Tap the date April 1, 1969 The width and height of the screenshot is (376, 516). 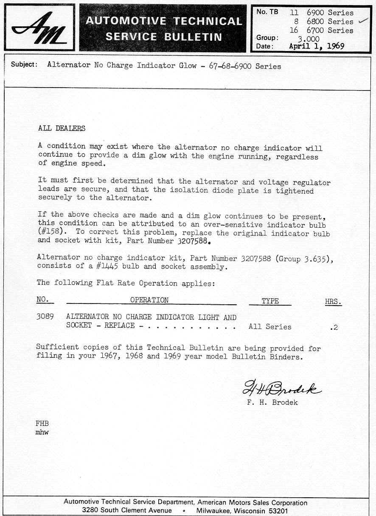[x=316, y=46]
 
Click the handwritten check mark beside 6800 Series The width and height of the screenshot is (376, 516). [x=363, y=20]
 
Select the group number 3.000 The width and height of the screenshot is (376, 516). [x=309, y=39]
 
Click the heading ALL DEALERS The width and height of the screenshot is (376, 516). [x=62, y=128]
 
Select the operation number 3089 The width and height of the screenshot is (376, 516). [x=45, y=317]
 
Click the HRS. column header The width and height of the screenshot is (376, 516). [x=333, y=301]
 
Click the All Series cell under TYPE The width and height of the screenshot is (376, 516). [x=270, y=327]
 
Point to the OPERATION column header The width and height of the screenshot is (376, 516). [x=149, y=300]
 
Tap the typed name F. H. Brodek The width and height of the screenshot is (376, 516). [x=272, y=403]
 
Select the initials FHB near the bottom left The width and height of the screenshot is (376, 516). [x=42, y=423]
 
